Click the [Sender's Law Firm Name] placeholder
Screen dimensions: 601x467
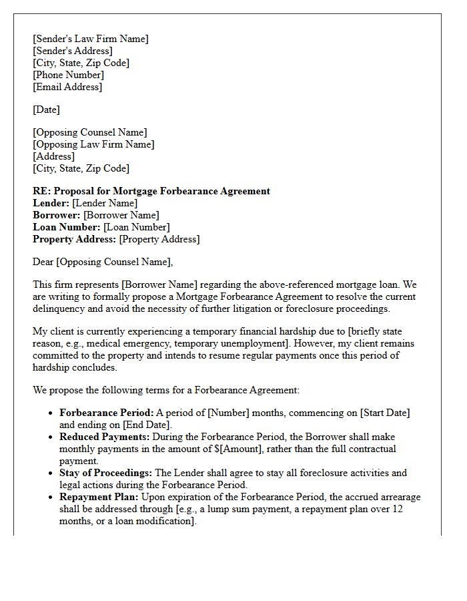click(91, 39)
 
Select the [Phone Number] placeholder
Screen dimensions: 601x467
click(68, 75)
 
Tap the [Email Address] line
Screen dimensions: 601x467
click(67, 87)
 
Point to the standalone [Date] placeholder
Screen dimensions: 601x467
click(46, 110)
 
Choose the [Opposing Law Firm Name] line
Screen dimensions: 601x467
click(93, 144)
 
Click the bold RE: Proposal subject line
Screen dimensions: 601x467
click(151, 191)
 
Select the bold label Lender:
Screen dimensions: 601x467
click(51, 203)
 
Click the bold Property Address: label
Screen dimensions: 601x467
click(74, 239)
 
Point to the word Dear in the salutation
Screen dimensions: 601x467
click(43, 262)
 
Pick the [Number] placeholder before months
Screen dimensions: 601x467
click(228, 413)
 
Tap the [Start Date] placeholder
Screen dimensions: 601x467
click(385, 413)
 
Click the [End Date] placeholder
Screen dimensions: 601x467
click(146, 425)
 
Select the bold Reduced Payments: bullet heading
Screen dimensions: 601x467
click(105, 437)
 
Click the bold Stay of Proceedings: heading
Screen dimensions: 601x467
click(105, 473)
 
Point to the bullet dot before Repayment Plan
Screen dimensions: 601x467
click(51, 497)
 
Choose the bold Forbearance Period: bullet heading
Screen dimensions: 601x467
click(107, 413)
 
